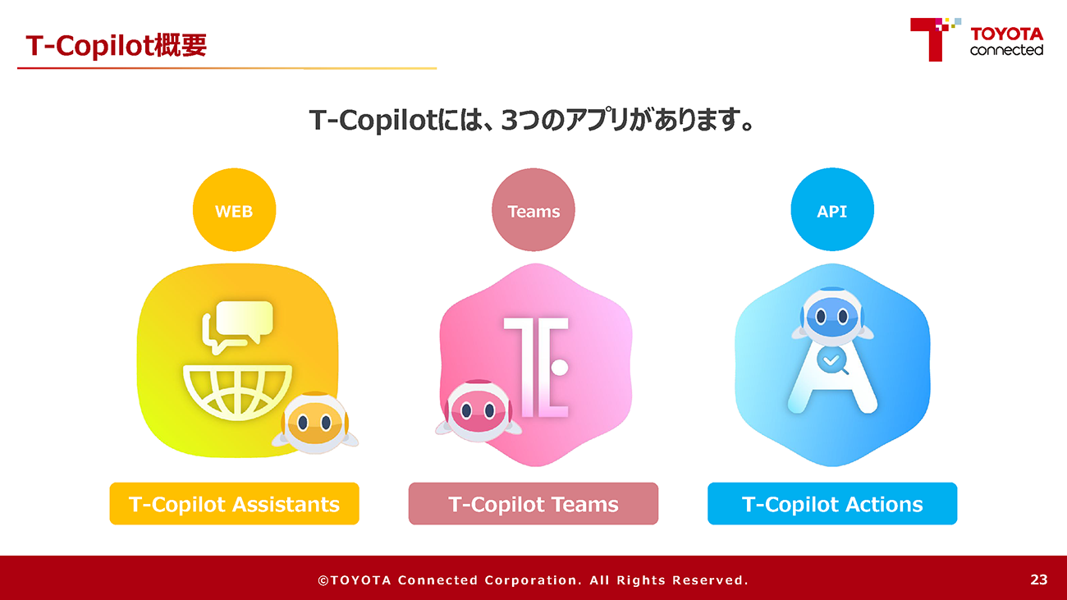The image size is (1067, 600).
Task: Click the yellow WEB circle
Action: [235, 209]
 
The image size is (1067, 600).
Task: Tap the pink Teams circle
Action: [533, 209]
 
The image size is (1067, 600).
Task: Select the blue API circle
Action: [832, 209]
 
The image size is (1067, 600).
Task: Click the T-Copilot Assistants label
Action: [235, 504]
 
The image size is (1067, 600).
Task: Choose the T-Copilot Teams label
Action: [533, 504]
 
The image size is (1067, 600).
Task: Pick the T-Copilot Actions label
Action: [832, 504]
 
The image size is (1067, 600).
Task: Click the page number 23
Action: [1039, 579]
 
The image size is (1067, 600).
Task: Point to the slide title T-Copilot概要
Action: [117, 46]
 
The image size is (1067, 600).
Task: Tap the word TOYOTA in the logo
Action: [1007, 34]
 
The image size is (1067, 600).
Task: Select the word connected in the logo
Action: [1007, 49]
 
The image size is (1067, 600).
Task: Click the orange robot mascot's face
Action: [314, 423]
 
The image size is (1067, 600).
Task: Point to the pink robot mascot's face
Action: [478, 410]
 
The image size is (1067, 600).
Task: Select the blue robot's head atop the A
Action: [831, 316]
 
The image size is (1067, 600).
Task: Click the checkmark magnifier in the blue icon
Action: [832, 362]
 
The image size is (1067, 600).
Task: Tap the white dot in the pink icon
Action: [560, 367]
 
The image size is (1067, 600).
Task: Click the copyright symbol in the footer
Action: [323, 580]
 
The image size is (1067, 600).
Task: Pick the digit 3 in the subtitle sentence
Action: [510, 120]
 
